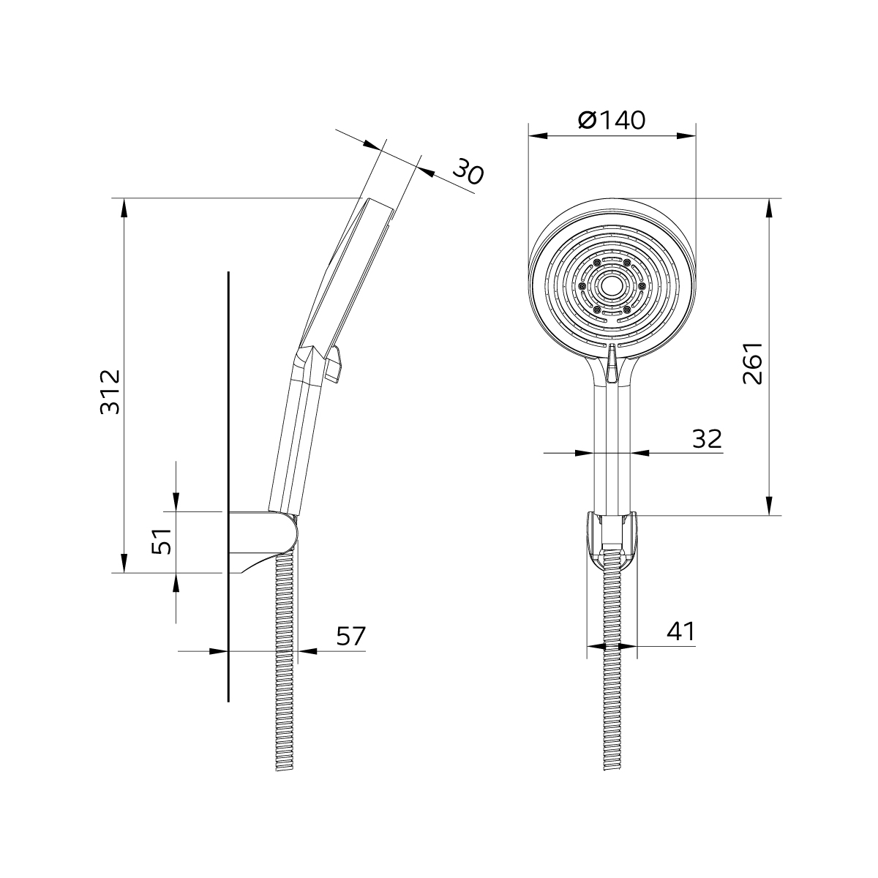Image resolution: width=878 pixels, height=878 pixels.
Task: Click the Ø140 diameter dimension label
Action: pyautogui.click(x=612, y=120)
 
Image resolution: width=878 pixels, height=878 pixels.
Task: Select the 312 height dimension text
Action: pyautogui.click(x=110, y=391)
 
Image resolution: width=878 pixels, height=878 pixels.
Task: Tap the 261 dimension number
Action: pyautogui.click(x=752, y=363)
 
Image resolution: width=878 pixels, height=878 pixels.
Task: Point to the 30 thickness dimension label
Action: pyautogui.click(x=468, y=172)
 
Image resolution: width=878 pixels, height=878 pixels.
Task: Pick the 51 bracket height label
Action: pyautogui.click(x=161, y=541)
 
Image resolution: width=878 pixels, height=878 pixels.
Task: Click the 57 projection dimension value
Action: pyautogui.click(x=351, y=636)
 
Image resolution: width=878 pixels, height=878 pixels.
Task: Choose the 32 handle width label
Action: pyautogui.click(x=707, y=439)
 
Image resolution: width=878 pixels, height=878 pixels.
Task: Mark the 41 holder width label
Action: pyautogui.click(x=680, y=631)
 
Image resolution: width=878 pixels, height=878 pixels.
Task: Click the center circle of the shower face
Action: pyautogui.click(x=612, y=286)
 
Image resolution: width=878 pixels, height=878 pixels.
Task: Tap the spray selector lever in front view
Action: pyautogui.click(x=612, y=363)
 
